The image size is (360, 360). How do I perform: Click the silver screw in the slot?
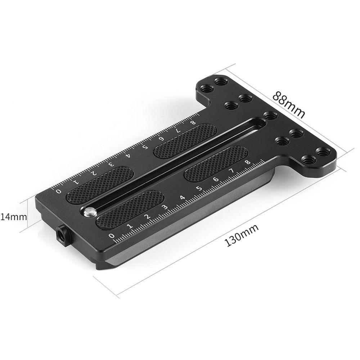click(88, 212)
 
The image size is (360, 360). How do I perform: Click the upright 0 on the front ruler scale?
click(112, 236)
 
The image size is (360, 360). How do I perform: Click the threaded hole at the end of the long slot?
click(269, 116)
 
